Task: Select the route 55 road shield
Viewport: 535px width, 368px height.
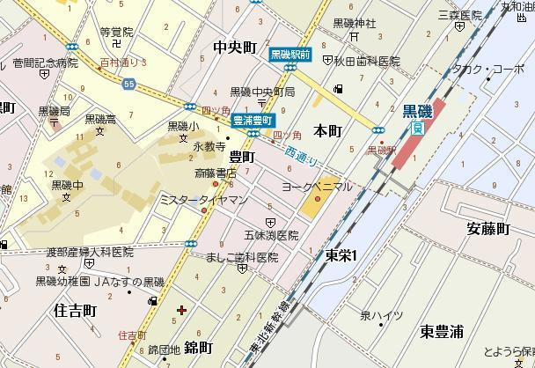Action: tap(128, 84)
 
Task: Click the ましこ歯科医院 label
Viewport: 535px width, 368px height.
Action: tap(242, 258)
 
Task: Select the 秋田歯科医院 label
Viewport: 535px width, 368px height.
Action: tap(366, 63)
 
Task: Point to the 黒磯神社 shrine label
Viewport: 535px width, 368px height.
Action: tap(355, 23)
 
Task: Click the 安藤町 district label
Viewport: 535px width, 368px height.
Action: tap(487, 229)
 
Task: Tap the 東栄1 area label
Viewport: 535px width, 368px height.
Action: tap(339, 255)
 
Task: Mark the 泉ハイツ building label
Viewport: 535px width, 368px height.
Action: tap(380, 315)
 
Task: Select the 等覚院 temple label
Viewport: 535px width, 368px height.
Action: tap(116, 32)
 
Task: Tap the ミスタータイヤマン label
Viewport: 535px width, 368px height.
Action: tap(192, 201)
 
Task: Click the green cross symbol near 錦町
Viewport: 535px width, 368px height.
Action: tap(181, 310)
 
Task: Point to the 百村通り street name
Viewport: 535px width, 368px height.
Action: tap(121, 64)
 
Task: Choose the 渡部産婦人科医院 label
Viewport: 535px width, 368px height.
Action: tap(92, 252)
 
